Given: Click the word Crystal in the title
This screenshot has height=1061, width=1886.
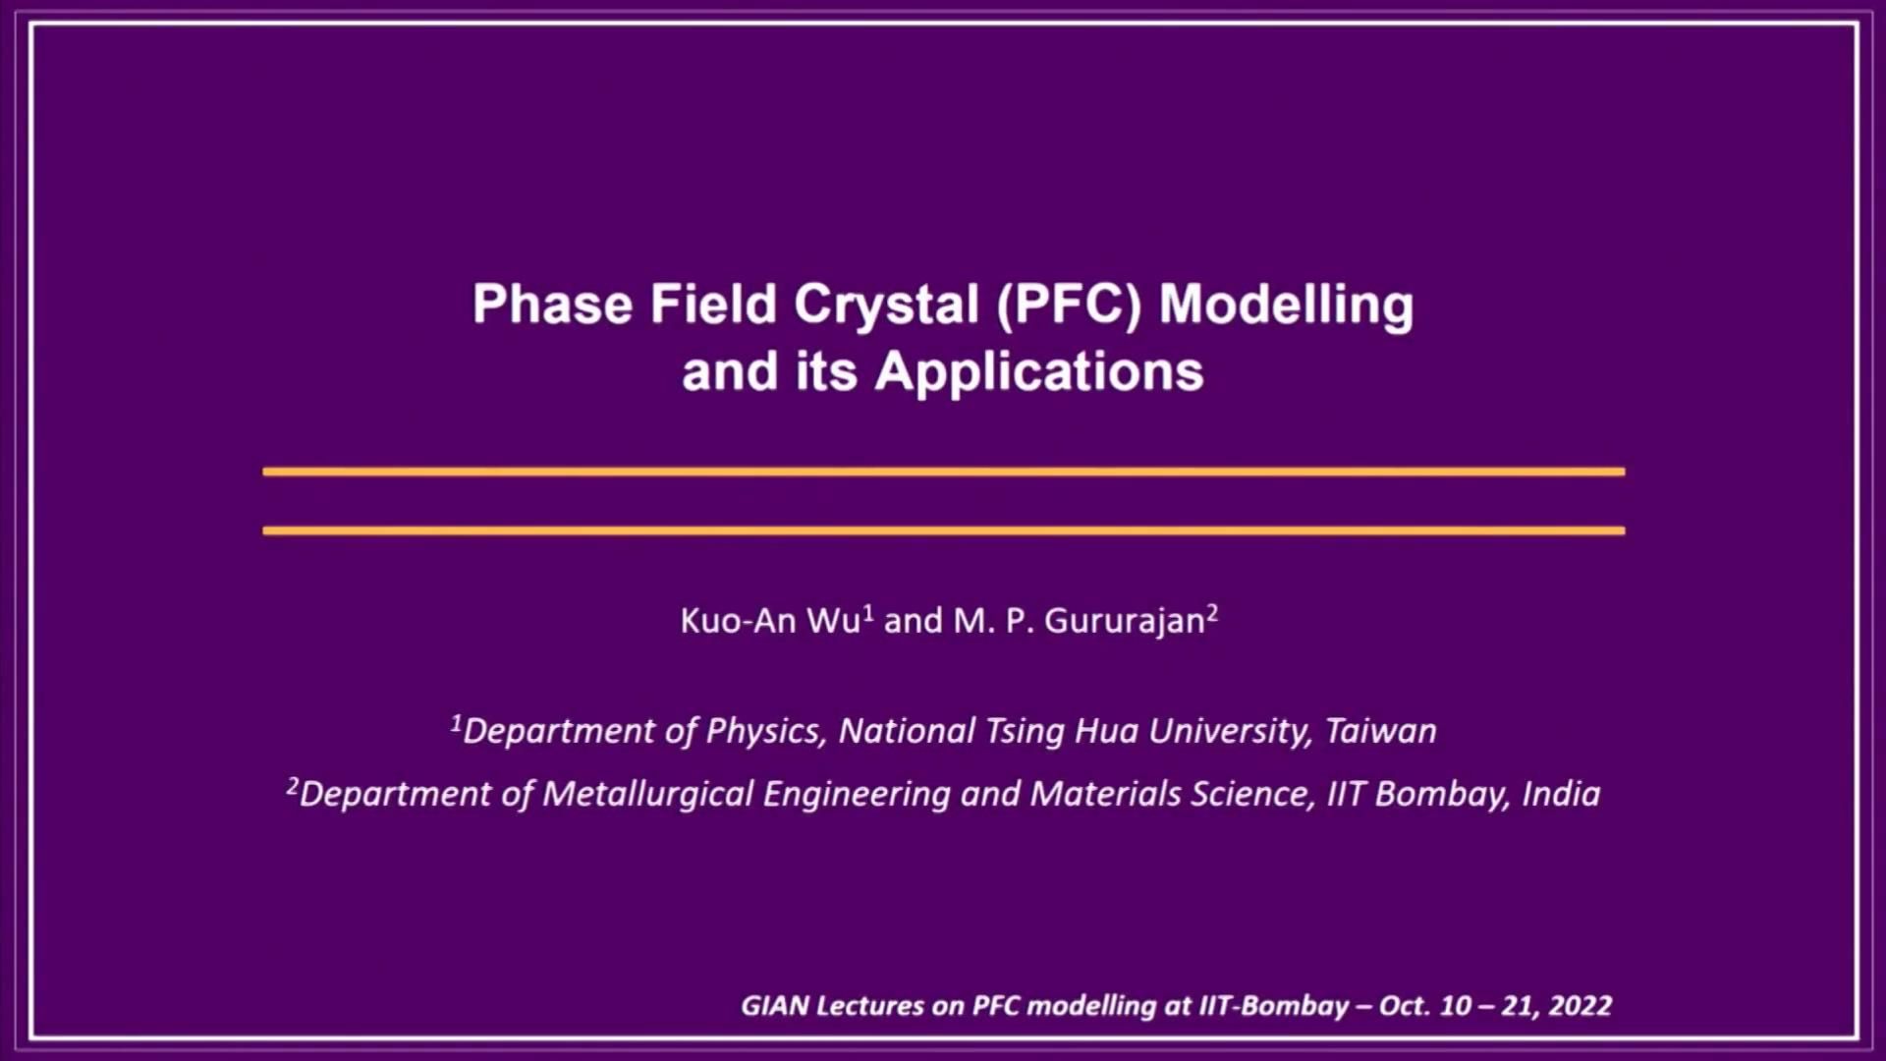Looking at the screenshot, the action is point(886,306).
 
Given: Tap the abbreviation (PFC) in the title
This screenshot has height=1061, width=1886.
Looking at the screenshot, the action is point(1070,306).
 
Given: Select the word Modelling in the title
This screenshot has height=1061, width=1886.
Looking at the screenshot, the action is point(1287,306).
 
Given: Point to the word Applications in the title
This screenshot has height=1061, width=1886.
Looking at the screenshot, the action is point(1039,373).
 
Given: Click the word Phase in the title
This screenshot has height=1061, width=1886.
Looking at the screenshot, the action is point(553,304).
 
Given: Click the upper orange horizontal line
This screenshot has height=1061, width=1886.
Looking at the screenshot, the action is point(943,472).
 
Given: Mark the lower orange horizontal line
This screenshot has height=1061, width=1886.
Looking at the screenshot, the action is point(943,530).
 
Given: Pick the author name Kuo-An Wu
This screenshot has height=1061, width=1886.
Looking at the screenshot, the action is point(771,621).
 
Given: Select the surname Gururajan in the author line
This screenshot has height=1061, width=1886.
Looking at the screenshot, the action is point(1125,622).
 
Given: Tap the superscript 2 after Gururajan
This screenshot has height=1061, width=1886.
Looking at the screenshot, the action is point(1213,613).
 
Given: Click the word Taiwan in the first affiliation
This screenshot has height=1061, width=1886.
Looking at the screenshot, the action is point(1381,731).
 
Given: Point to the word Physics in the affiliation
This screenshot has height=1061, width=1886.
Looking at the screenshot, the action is point(762,732).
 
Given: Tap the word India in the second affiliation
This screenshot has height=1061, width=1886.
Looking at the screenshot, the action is point(1561,794).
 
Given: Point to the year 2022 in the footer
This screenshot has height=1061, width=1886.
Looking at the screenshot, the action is point(1581,1006).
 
